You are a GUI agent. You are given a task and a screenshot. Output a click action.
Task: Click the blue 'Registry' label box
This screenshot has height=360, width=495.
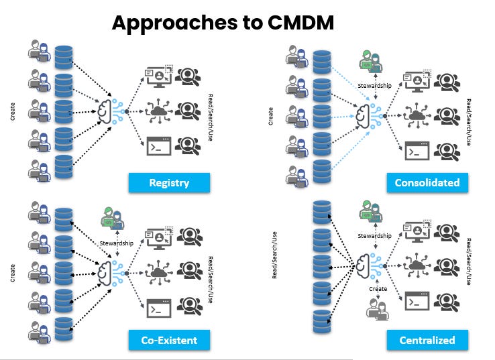pyautogui.click(x=169, y=182)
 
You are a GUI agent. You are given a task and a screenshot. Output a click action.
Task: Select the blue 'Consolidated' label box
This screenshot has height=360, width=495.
pyautogui.click(x=427, y=182)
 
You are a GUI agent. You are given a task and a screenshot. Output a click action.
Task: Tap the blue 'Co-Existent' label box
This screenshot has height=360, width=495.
pyautogui.click(x=169, y=340)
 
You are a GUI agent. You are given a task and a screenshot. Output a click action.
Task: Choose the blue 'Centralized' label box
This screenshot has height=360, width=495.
pyautogui.click(x=427, y=340)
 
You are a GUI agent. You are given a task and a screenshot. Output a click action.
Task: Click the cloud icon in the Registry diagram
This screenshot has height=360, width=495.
pyautogui.click(x=160, y=109)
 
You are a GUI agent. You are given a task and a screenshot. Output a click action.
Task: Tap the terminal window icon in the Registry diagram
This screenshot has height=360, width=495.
pyautogui.click(x=159, y=145)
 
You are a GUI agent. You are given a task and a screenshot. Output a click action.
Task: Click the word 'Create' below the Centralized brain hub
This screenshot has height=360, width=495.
pyautogui.click(x=378, y=288)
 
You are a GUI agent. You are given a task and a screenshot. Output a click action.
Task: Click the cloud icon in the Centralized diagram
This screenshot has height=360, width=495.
pyautogui.click(x=417, y=265)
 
